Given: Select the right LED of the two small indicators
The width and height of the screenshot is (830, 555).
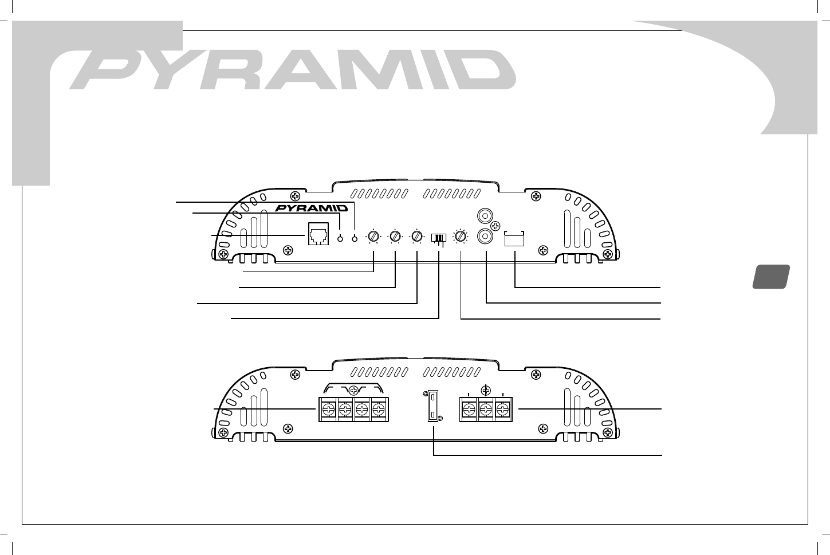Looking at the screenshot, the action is [355, 238].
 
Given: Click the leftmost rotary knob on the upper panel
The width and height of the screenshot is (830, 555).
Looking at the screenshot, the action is [373, 235].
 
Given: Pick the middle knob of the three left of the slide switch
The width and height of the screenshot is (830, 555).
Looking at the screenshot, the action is [395, 235].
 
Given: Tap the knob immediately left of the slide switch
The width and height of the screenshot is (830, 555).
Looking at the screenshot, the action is [417, 235].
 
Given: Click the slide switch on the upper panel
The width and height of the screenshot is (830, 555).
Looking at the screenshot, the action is [439, 237].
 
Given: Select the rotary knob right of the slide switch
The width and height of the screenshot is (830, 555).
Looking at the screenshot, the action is [461, 235].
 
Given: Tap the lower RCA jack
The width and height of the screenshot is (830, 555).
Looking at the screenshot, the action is [486, 235].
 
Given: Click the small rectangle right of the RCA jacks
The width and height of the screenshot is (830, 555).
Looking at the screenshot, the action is [514, 239].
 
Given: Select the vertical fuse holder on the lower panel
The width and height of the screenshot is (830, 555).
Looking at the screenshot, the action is [434, 407].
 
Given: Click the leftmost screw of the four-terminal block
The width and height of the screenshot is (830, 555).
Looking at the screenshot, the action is [328, 410].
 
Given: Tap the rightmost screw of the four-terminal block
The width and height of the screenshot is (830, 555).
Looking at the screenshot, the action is [379, 410].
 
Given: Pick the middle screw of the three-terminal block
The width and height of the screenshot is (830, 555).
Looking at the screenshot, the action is [486, 410].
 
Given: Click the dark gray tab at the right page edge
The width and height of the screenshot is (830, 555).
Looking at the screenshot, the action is [770, 276].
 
